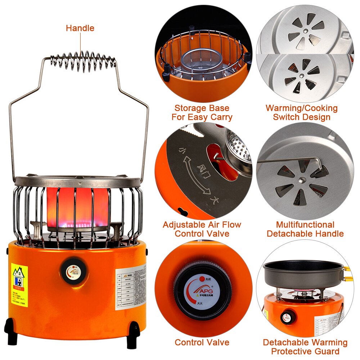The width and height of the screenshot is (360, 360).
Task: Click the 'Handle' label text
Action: click(80, 28)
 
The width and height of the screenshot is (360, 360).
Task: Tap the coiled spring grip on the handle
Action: click(83, 61)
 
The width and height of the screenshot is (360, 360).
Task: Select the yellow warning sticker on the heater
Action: click(19, 277)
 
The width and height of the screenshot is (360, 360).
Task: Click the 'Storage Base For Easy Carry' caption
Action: click(202, 113)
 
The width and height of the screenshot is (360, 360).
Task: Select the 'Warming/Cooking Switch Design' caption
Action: click(302, 113)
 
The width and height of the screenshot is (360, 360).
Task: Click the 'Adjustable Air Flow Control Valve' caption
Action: click(202, 229)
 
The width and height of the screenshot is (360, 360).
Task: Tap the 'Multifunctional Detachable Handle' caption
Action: click(305, 229)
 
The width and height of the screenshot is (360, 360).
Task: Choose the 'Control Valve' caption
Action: click(202, 342)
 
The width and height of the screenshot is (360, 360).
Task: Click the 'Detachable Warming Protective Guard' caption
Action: click(305, 347)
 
